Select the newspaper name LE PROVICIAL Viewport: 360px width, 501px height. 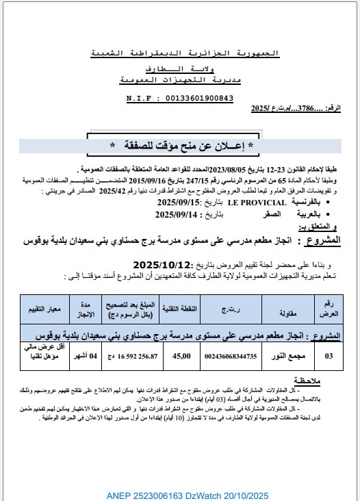click(x=256, y=203)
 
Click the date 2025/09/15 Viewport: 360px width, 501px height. click(x=179, y=203)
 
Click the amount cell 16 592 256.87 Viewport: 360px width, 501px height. click(x=129, y=356)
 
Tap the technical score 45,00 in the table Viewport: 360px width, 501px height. click(x=181, y=356)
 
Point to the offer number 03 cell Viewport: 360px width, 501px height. click(x=330, y=356)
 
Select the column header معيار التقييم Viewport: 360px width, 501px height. click(x=48, y=309)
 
